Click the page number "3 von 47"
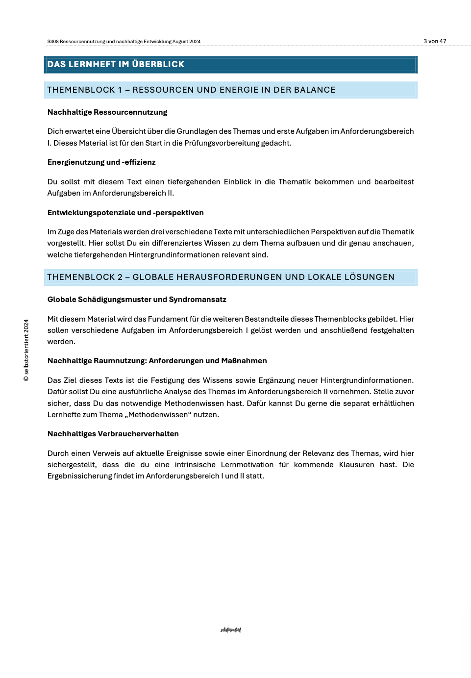(x=435, y=41)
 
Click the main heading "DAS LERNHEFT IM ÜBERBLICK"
(x=116, y=64)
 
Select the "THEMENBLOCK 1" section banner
(x=191, y=90)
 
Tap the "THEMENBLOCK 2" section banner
(x=221, y=277)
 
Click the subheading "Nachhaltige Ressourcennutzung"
(x=107, y=112)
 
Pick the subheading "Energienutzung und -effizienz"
(x=101, y=162)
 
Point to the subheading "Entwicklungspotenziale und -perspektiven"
(x=125, y=213)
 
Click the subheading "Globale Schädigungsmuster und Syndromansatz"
(x=137, y=300)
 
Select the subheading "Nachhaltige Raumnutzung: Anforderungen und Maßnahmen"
(x=157, y=361)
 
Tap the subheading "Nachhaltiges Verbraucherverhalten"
(x=113, y=434)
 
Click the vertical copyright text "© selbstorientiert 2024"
(x=26, y=350)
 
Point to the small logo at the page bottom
(x=231, y=630)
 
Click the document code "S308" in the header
(x=52, y=42)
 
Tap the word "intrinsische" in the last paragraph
(x=195, y=465)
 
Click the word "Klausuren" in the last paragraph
(x=356, y=465)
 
